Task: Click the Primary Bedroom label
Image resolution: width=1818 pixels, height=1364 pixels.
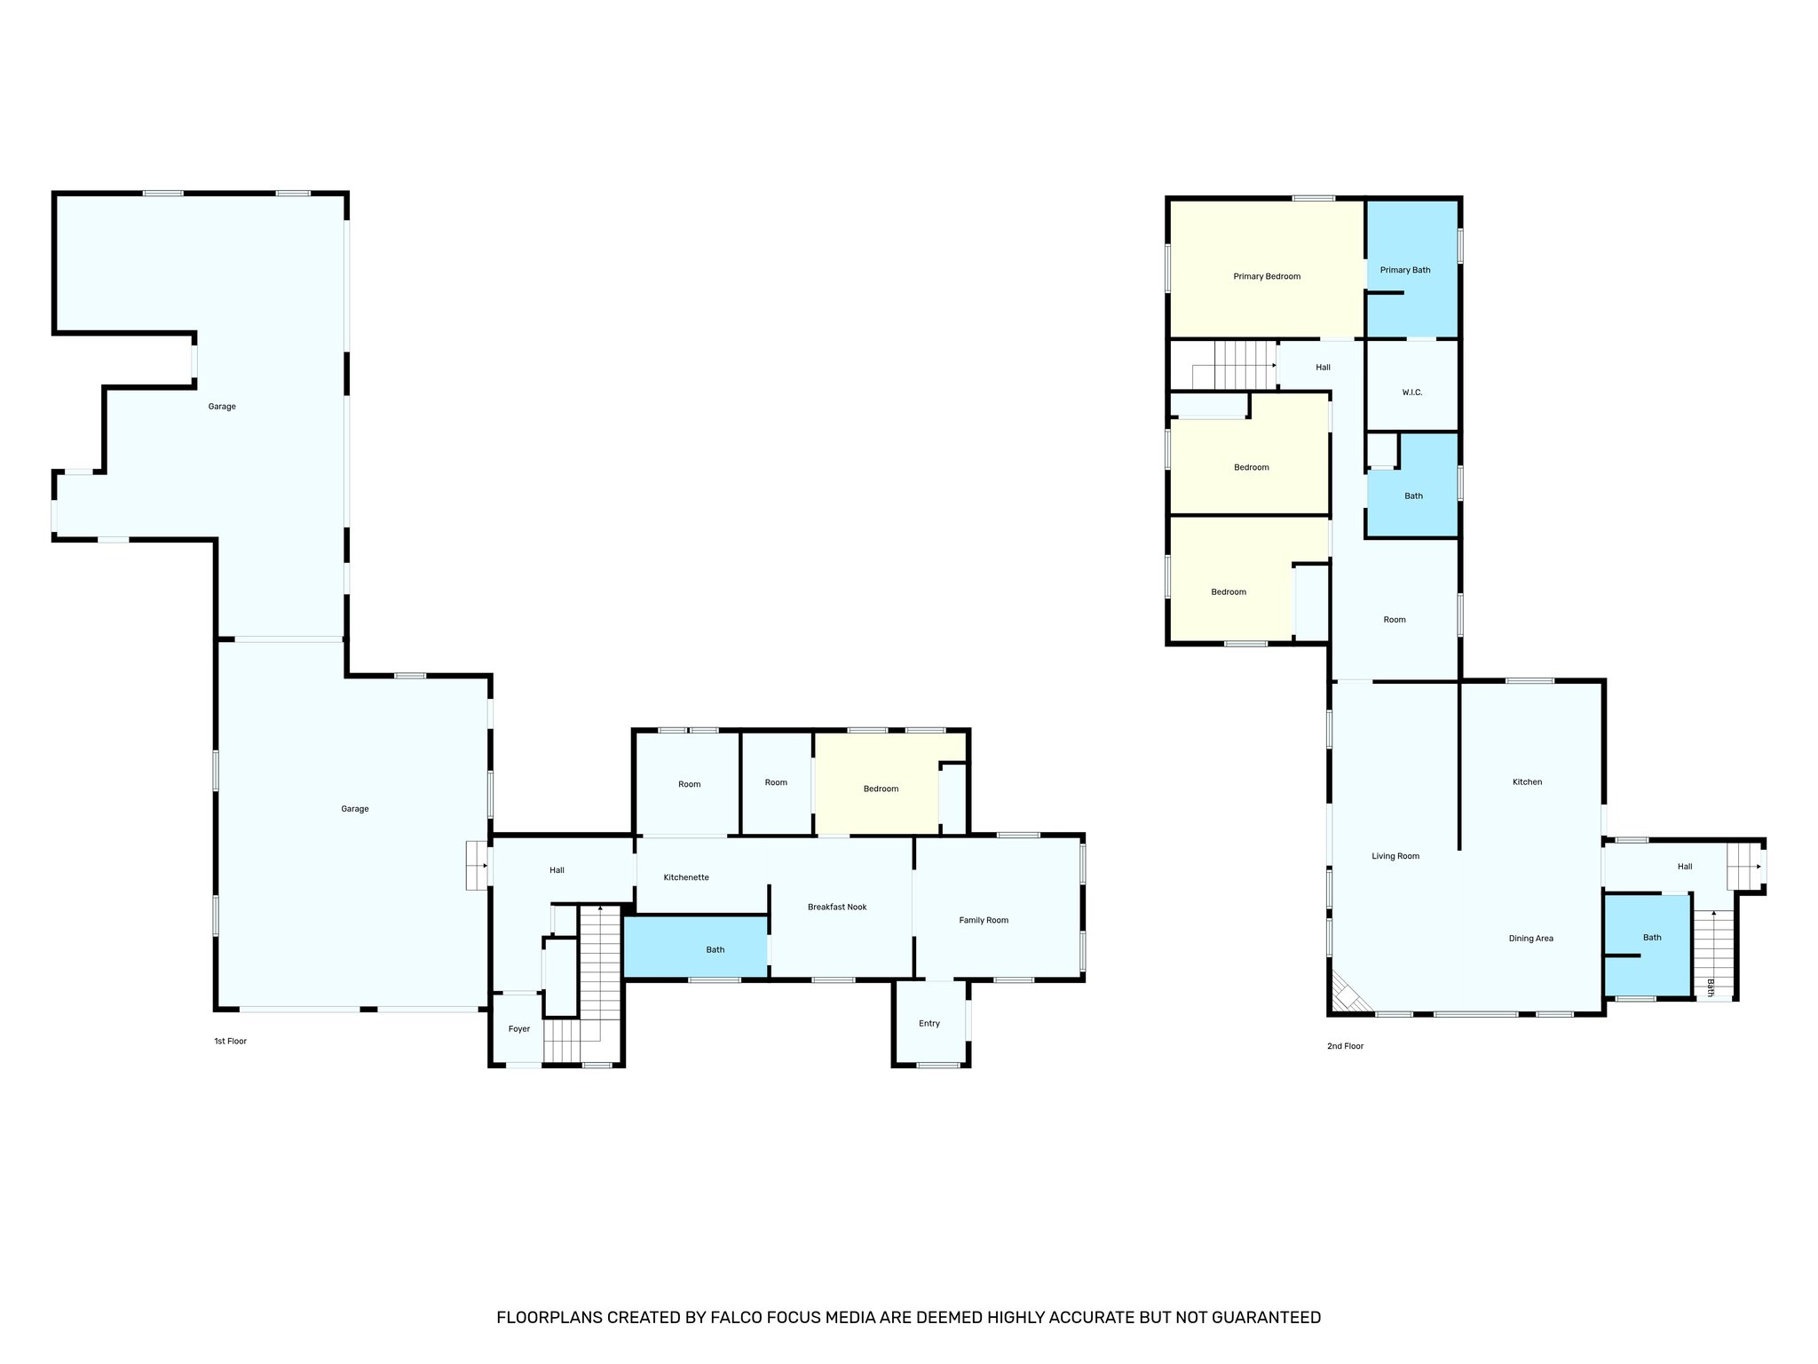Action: [1266, 276]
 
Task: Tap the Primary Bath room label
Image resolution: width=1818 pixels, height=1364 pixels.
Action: [1404, 270]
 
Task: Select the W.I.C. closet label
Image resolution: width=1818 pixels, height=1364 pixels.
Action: [1411, 393]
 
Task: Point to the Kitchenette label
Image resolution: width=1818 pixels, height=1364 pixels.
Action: [685, 877]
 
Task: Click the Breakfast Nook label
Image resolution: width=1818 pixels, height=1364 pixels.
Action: [836, 907]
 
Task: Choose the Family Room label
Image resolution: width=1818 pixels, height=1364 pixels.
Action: [983, 920]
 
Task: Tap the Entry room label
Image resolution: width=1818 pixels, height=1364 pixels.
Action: [929, 1023]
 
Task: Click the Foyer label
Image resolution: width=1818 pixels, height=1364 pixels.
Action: [518, 1029]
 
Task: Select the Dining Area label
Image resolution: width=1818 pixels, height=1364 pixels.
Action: [1530, 939]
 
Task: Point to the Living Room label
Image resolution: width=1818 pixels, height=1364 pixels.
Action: [1395, 856]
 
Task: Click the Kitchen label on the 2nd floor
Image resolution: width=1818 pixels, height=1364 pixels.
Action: [1527, 782]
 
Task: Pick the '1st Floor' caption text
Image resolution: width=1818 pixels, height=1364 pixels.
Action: [230, 1041]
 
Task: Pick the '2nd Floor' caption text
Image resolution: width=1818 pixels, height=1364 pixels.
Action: [1344, 1046]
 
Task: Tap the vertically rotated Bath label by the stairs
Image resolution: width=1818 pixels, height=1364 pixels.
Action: [1711, 987]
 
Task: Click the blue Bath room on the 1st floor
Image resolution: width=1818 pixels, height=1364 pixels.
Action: [715, 949]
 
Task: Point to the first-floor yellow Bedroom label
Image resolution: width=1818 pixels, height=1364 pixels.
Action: [881, 789]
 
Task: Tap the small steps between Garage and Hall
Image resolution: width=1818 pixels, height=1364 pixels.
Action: [477, 865]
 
